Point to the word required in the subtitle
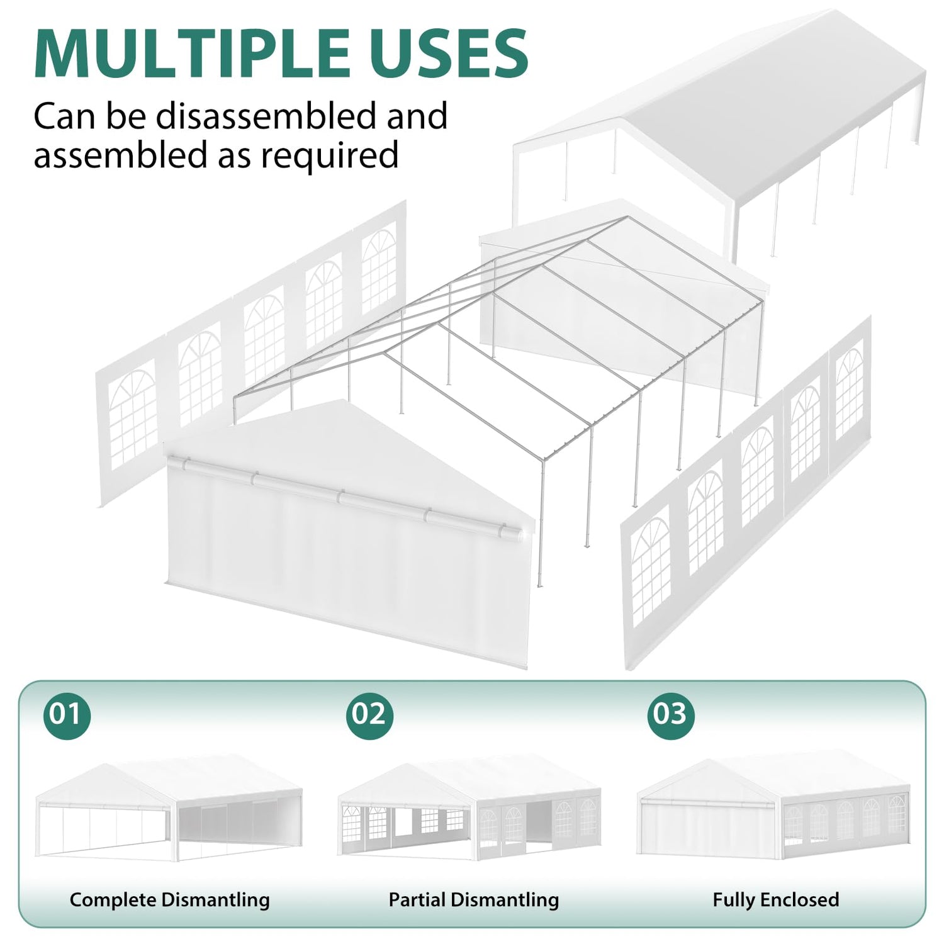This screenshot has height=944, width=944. pos(330,155)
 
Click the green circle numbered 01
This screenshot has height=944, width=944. pos(67,715)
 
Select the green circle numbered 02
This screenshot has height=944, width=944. pos(369,715)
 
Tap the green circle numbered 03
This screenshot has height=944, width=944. pos(671,715)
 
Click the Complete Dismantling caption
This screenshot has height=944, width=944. pos(170,900)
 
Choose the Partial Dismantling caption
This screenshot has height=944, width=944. pos(474,900)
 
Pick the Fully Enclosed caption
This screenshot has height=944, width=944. pos(776,900)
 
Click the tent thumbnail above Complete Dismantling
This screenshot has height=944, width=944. pos(169,807)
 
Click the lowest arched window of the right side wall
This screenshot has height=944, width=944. pos(651,570)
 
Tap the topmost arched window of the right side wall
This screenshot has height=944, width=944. pos(849,393)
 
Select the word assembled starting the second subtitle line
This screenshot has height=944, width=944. pos(121,155)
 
